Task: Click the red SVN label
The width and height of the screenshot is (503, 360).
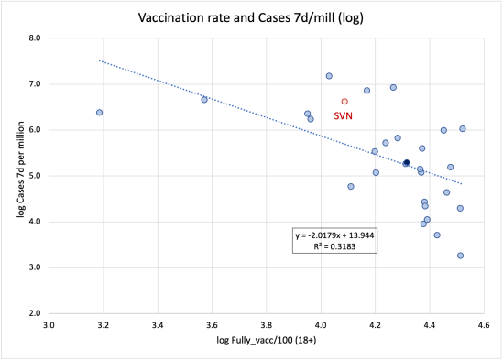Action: click(x=343, y=115)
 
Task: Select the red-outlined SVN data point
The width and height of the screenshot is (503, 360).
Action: click(x=344, y=102)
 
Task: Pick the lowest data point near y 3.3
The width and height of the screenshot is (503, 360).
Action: click(x=460, y=256)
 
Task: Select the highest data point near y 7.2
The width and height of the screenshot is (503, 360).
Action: click(x=329, y=76)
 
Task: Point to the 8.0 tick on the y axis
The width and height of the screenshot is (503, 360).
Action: click(x=34, y=38)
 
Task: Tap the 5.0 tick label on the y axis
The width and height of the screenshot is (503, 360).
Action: click(x=34, y=176)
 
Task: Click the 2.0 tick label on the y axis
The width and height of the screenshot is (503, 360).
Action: click(x=34, y=313)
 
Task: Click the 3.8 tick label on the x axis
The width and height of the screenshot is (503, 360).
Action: click(x=267, y=324)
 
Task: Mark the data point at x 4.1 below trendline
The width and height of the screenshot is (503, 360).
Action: click(x=351, y=186)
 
